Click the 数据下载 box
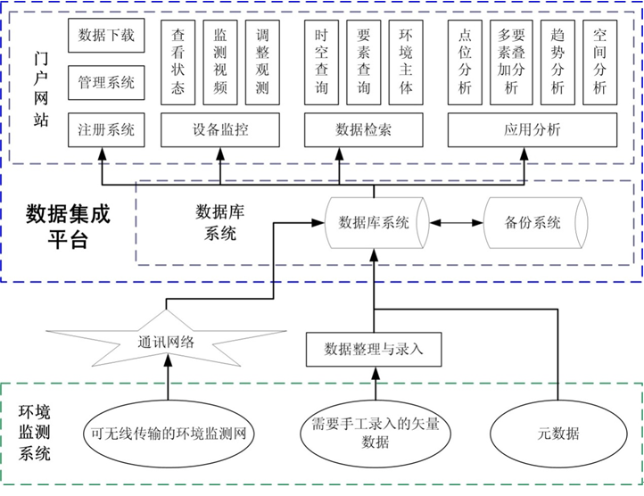pos(105,35)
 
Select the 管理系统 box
pos(105,82)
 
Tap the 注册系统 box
pos(105,129)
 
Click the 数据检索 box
pos(363,129)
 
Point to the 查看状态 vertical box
pos(178,62)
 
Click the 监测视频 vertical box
pos(220,62)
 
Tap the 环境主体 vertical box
pos(406,62)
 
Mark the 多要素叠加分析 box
pos(511,62)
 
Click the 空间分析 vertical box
pos(599,62)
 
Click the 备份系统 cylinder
pos(533,222)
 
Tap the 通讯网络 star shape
pos(167,341)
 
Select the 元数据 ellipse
pos(557,434)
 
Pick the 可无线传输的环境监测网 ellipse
pos(168,434)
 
